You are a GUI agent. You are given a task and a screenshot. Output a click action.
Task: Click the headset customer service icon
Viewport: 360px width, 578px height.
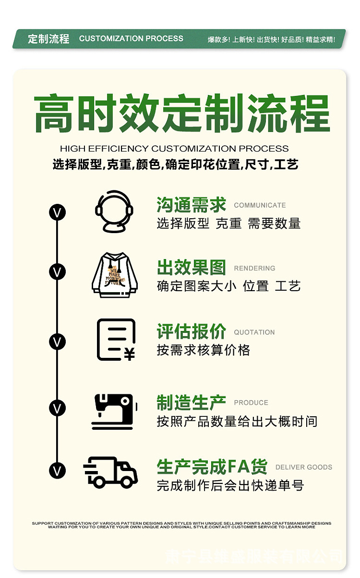(x=114, y=212)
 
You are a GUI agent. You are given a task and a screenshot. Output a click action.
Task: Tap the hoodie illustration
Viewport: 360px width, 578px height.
(x=114, y=275)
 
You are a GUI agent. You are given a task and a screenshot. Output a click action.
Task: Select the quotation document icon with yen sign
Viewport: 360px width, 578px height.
(x=116, y=340)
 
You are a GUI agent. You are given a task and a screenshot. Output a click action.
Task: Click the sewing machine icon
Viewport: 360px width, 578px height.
(x=114, y=411)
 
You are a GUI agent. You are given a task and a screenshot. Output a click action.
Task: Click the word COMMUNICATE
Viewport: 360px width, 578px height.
(x=260, y=205)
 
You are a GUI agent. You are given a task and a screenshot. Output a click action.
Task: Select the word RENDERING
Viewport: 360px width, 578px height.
(x=254, y=269)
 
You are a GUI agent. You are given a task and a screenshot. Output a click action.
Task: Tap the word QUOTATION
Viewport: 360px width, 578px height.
(x=254, y=332)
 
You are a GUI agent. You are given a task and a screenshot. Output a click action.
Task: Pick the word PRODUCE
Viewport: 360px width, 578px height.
(x=251, y=403)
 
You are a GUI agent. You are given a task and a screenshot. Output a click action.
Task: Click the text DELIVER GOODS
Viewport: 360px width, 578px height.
(x=303, y=467)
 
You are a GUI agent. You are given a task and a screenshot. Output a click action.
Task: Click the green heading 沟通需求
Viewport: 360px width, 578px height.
(x=191, y=205)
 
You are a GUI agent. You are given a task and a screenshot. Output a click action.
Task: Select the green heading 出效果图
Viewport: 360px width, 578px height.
(x=191, y=268)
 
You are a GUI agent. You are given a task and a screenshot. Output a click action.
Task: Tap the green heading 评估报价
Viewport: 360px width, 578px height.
(x=191, y=331)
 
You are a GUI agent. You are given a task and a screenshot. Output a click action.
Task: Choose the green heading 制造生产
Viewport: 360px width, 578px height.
(x=191, y=402)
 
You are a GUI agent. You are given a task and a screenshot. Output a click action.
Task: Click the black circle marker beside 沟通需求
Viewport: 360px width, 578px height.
(x=58, y=212)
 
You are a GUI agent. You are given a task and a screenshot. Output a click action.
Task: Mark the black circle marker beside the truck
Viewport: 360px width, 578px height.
(x=58, y=470)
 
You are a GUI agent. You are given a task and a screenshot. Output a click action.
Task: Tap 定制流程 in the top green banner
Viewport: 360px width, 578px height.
(x=48, y=39)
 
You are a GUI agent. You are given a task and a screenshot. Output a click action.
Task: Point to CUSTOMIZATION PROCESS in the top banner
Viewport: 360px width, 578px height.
(x=131, y=39)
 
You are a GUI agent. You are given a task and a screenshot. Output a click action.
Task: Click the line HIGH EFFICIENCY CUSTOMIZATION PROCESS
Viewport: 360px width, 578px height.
(x=174, y=149)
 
